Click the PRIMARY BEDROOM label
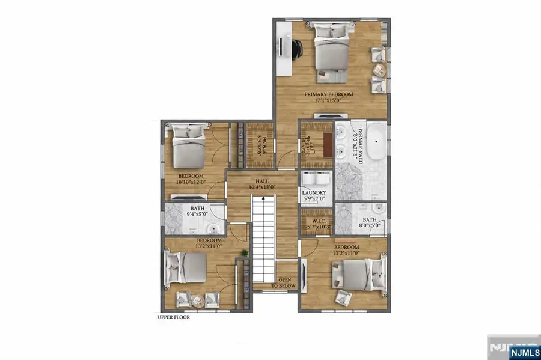click(328, 94)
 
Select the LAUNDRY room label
click(314, 193)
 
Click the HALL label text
click(262, 181)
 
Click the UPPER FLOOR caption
click(174, 317)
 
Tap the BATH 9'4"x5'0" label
click(197, 211)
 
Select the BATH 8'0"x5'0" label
click(369, 223)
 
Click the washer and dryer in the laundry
click(316, 179)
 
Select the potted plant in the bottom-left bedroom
click(245, 253)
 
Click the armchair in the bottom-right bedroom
click(343, 297)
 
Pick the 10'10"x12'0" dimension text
click(191, 182)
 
